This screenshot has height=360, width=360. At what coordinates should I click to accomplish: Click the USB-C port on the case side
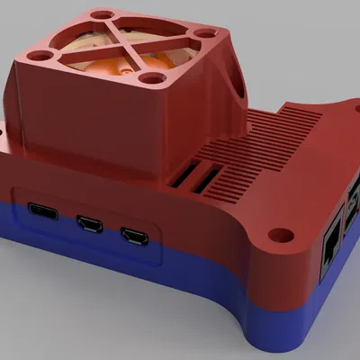pyautogui.click(x=43, y=213)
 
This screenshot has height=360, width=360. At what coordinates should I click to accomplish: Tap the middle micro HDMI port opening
pyautogui.click(x=91, y=223)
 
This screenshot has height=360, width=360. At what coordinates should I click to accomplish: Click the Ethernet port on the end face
pyautogui.click(x=329, y=243)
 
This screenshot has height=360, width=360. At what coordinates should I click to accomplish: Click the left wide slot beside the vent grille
pyautogui.click(x=182, y=178)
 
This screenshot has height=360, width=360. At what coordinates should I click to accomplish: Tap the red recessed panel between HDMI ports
pyautogui.click(x=112, y=232)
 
